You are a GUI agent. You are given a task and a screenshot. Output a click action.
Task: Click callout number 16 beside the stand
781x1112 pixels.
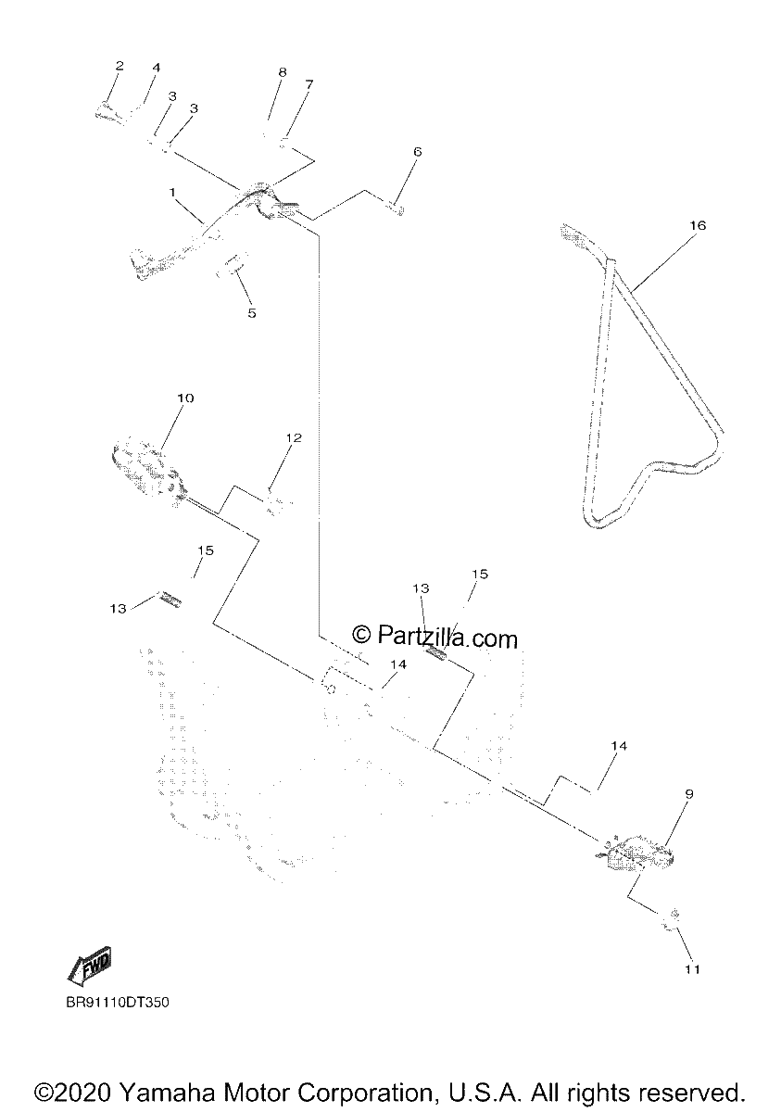coord(697,225)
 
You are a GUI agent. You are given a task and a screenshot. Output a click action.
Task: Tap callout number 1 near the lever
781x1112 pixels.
coord(172,192)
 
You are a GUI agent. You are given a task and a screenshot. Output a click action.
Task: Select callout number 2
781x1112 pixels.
coord(120,66)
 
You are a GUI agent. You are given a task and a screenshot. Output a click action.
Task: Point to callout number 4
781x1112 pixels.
coord(157,67)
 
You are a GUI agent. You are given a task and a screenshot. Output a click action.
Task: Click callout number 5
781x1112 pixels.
coord(252,313)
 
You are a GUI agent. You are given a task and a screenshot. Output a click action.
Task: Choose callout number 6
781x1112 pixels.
coord(417,151)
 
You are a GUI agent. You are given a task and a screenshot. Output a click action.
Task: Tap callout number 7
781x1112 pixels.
coord(309,84)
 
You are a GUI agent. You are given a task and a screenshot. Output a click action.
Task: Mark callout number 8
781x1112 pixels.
coord(283,72)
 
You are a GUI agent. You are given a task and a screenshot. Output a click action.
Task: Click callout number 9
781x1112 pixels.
coord(688,794)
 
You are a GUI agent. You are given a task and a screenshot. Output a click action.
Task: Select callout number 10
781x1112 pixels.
coord(185,398)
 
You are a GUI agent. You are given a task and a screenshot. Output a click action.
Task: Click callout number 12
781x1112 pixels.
coord(294,437)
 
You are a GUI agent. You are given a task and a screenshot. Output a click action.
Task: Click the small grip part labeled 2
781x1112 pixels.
coord(109,113)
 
